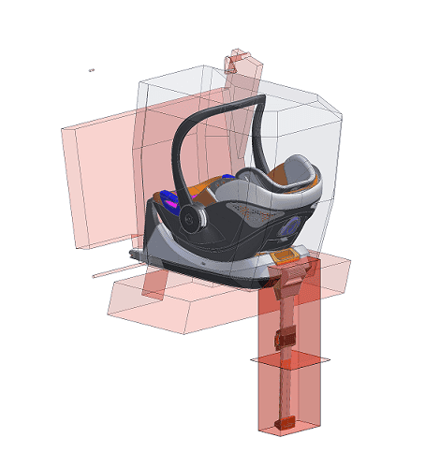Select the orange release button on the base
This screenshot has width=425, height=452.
point(286,255)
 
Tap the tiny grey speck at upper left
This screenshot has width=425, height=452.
point(91,69)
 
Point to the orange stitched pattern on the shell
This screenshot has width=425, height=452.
point(244,219)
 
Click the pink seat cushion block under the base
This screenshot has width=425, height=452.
point(178,304)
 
